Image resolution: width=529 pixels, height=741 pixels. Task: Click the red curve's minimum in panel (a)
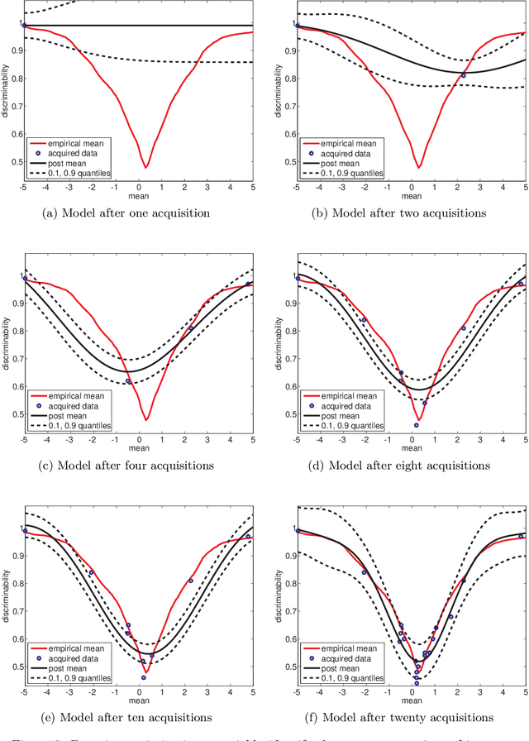coord(145,167)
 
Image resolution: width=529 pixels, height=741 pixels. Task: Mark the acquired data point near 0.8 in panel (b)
coord(463,75)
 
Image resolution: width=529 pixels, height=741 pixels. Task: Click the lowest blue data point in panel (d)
coord(416,425)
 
